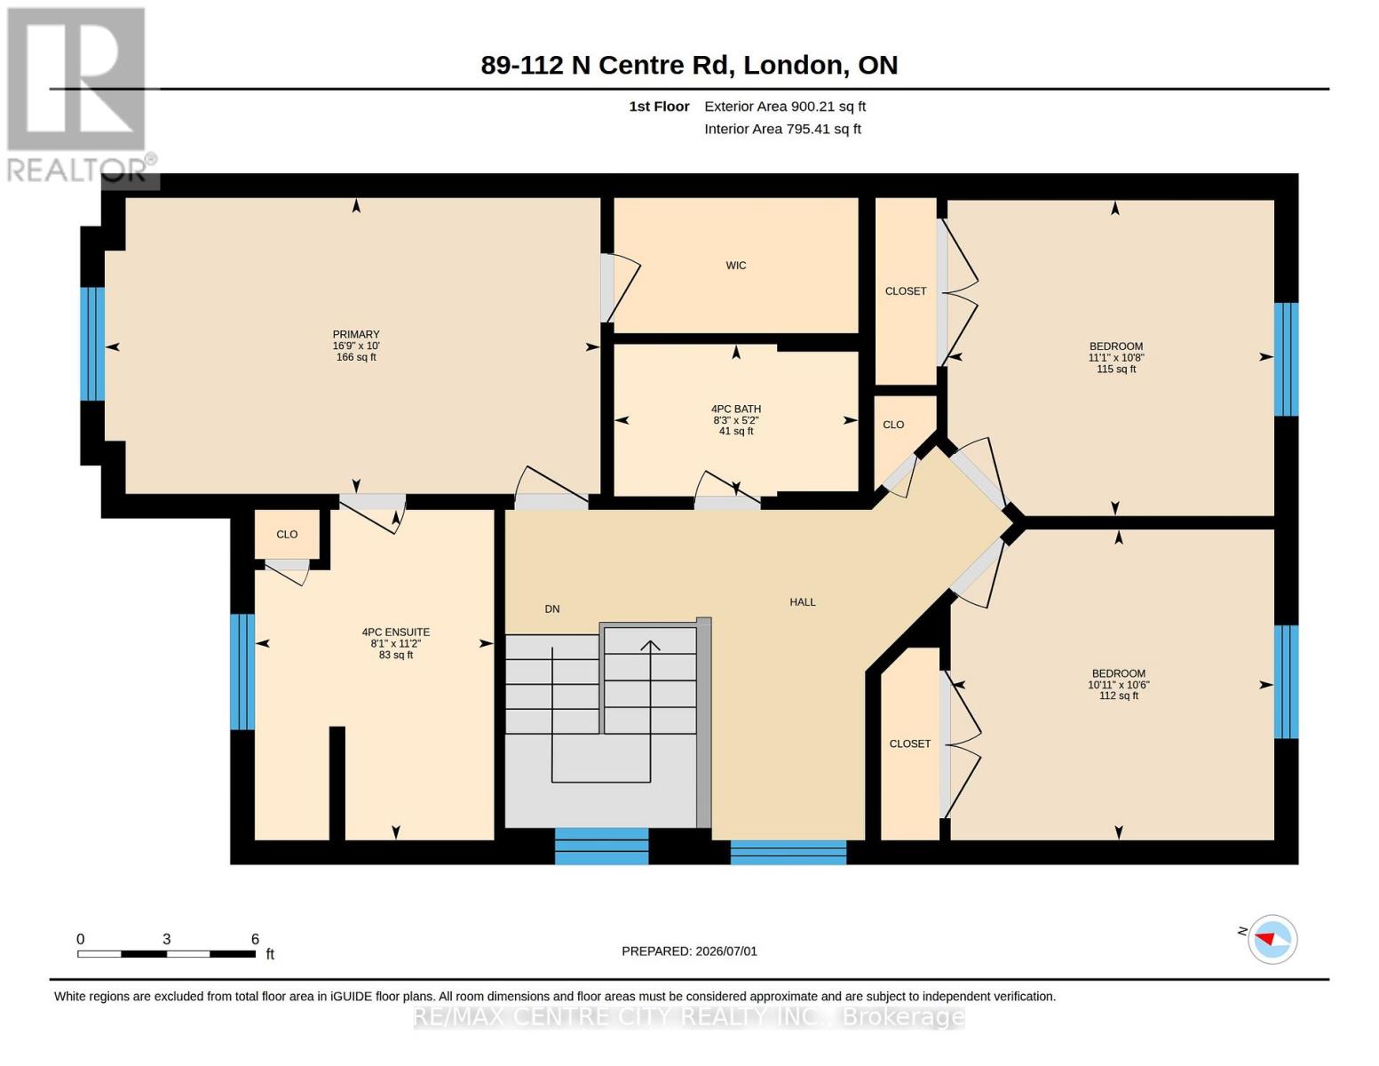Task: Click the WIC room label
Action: tap(735, 266)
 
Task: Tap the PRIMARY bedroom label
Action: tap(356, 334)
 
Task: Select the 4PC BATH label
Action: tap(735, 409)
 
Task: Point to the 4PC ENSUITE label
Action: tap(395, 632)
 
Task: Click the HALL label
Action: tap(802, 602)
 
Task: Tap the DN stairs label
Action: tap(552, 609)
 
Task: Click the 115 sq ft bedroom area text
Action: tap(1116, 369)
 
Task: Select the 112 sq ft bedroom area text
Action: tap(1119, 696)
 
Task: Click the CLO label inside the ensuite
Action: tap(287, 535)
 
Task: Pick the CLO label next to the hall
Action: tap(893, 425)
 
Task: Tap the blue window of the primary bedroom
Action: tap(92, 344)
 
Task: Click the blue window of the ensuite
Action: tap(242, 672)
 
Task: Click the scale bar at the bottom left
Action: tap(166, 953)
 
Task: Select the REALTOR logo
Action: tap(79, 95)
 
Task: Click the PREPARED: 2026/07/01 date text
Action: tap(689, 951)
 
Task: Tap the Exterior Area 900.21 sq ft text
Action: tap(785, 107)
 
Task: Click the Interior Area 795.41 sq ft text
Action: tap(782, 129)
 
